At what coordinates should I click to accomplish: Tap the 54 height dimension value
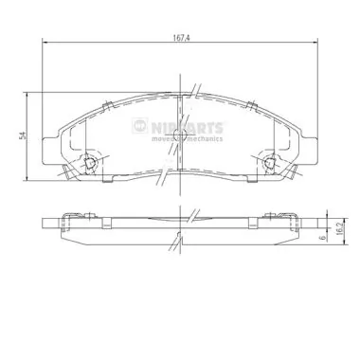pos(22,136)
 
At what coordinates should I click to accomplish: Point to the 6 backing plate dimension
pos(322,238)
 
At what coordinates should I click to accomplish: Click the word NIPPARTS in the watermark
pos(188,128)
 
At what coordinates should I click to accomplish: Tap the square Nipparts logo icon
pos(140,126)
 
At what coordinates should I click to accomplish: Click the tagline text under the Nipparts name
pos(188,138)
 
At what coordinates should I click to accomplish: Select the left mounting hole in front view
pos(90,162)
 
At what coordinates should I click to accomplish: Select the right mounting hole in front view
pos(269,162)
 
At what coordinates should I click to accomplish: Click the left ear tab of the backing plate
pos(50,151)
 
